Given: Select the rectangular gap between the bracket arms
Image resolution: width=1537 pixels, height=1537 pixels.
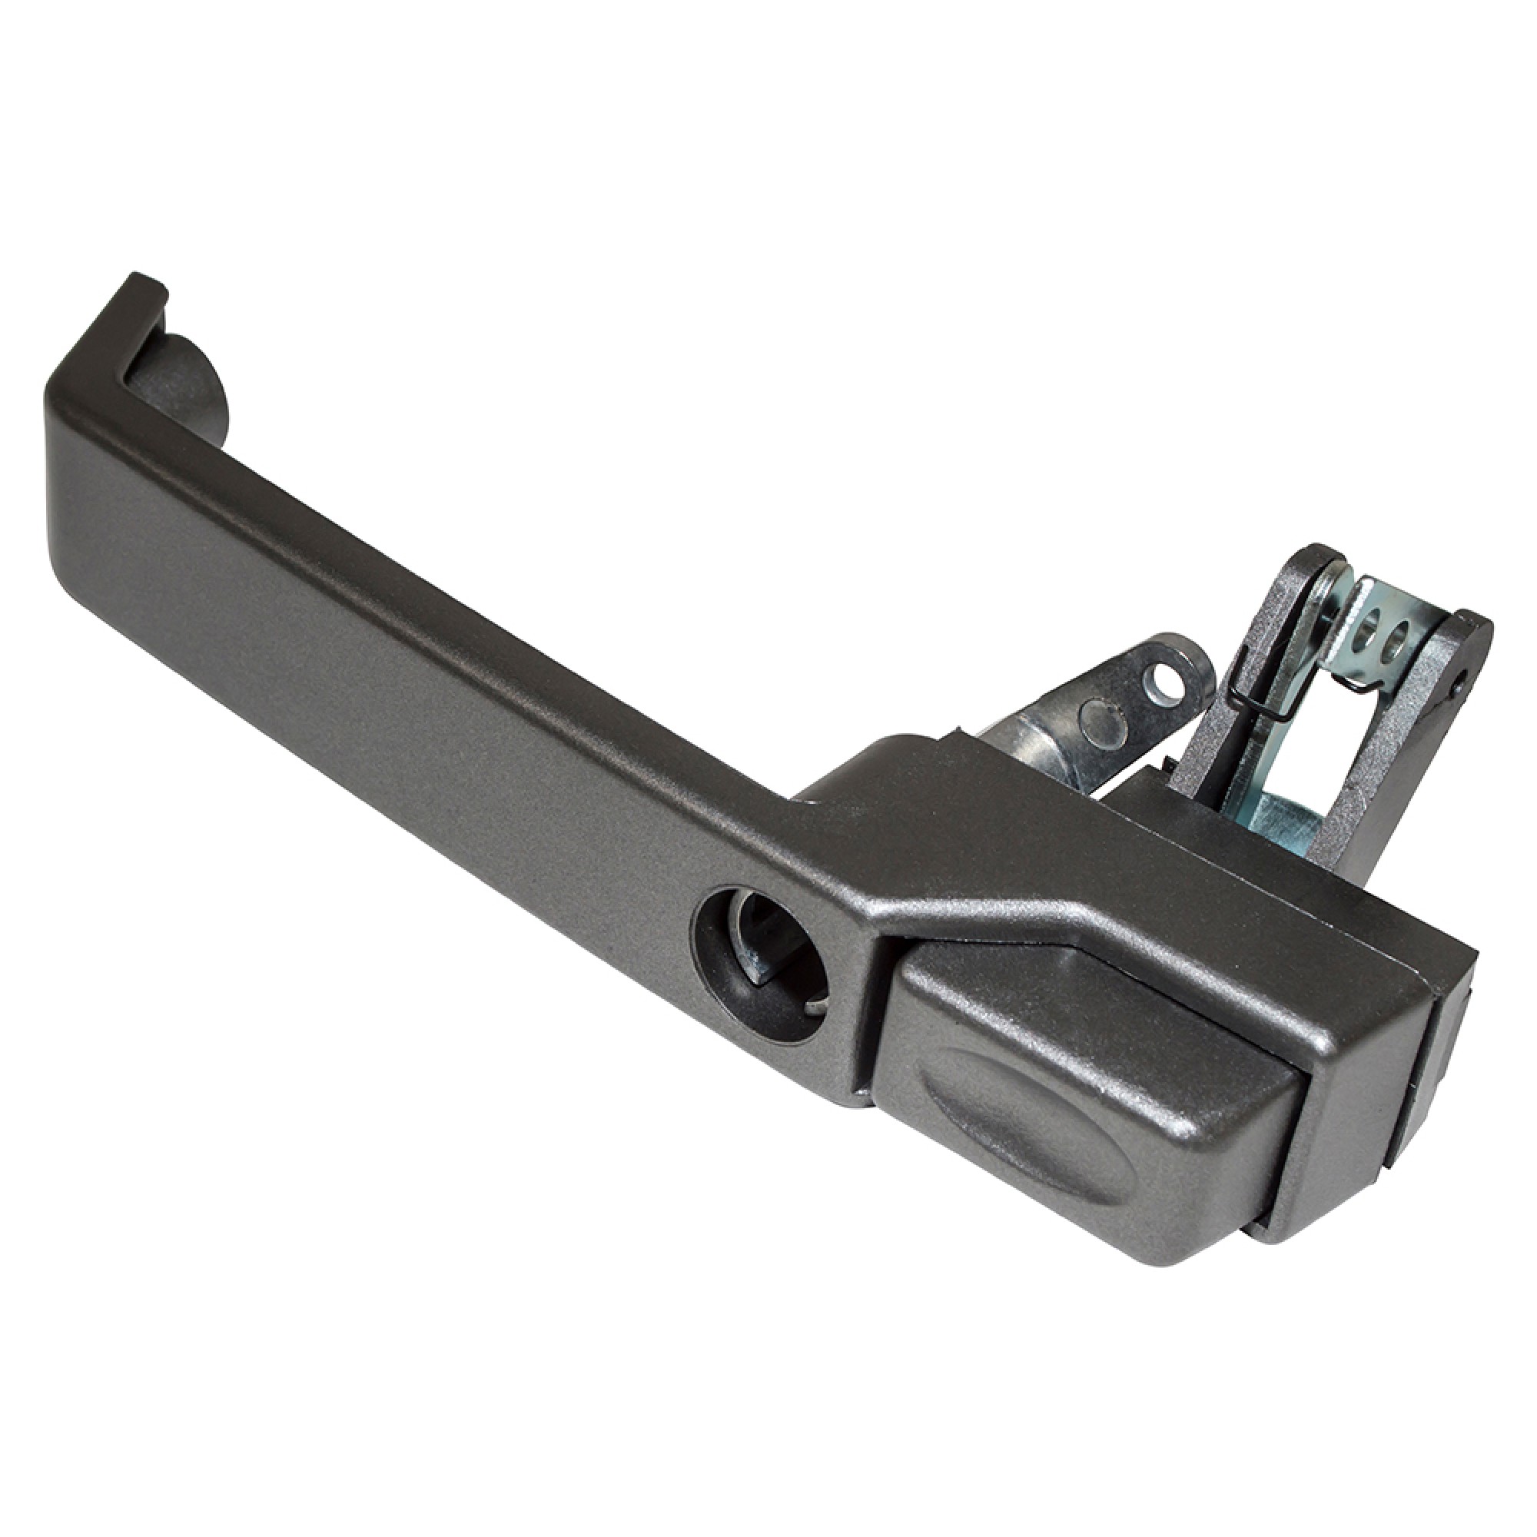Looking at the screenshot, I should pyautogui.click(x=1305, y=755).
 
